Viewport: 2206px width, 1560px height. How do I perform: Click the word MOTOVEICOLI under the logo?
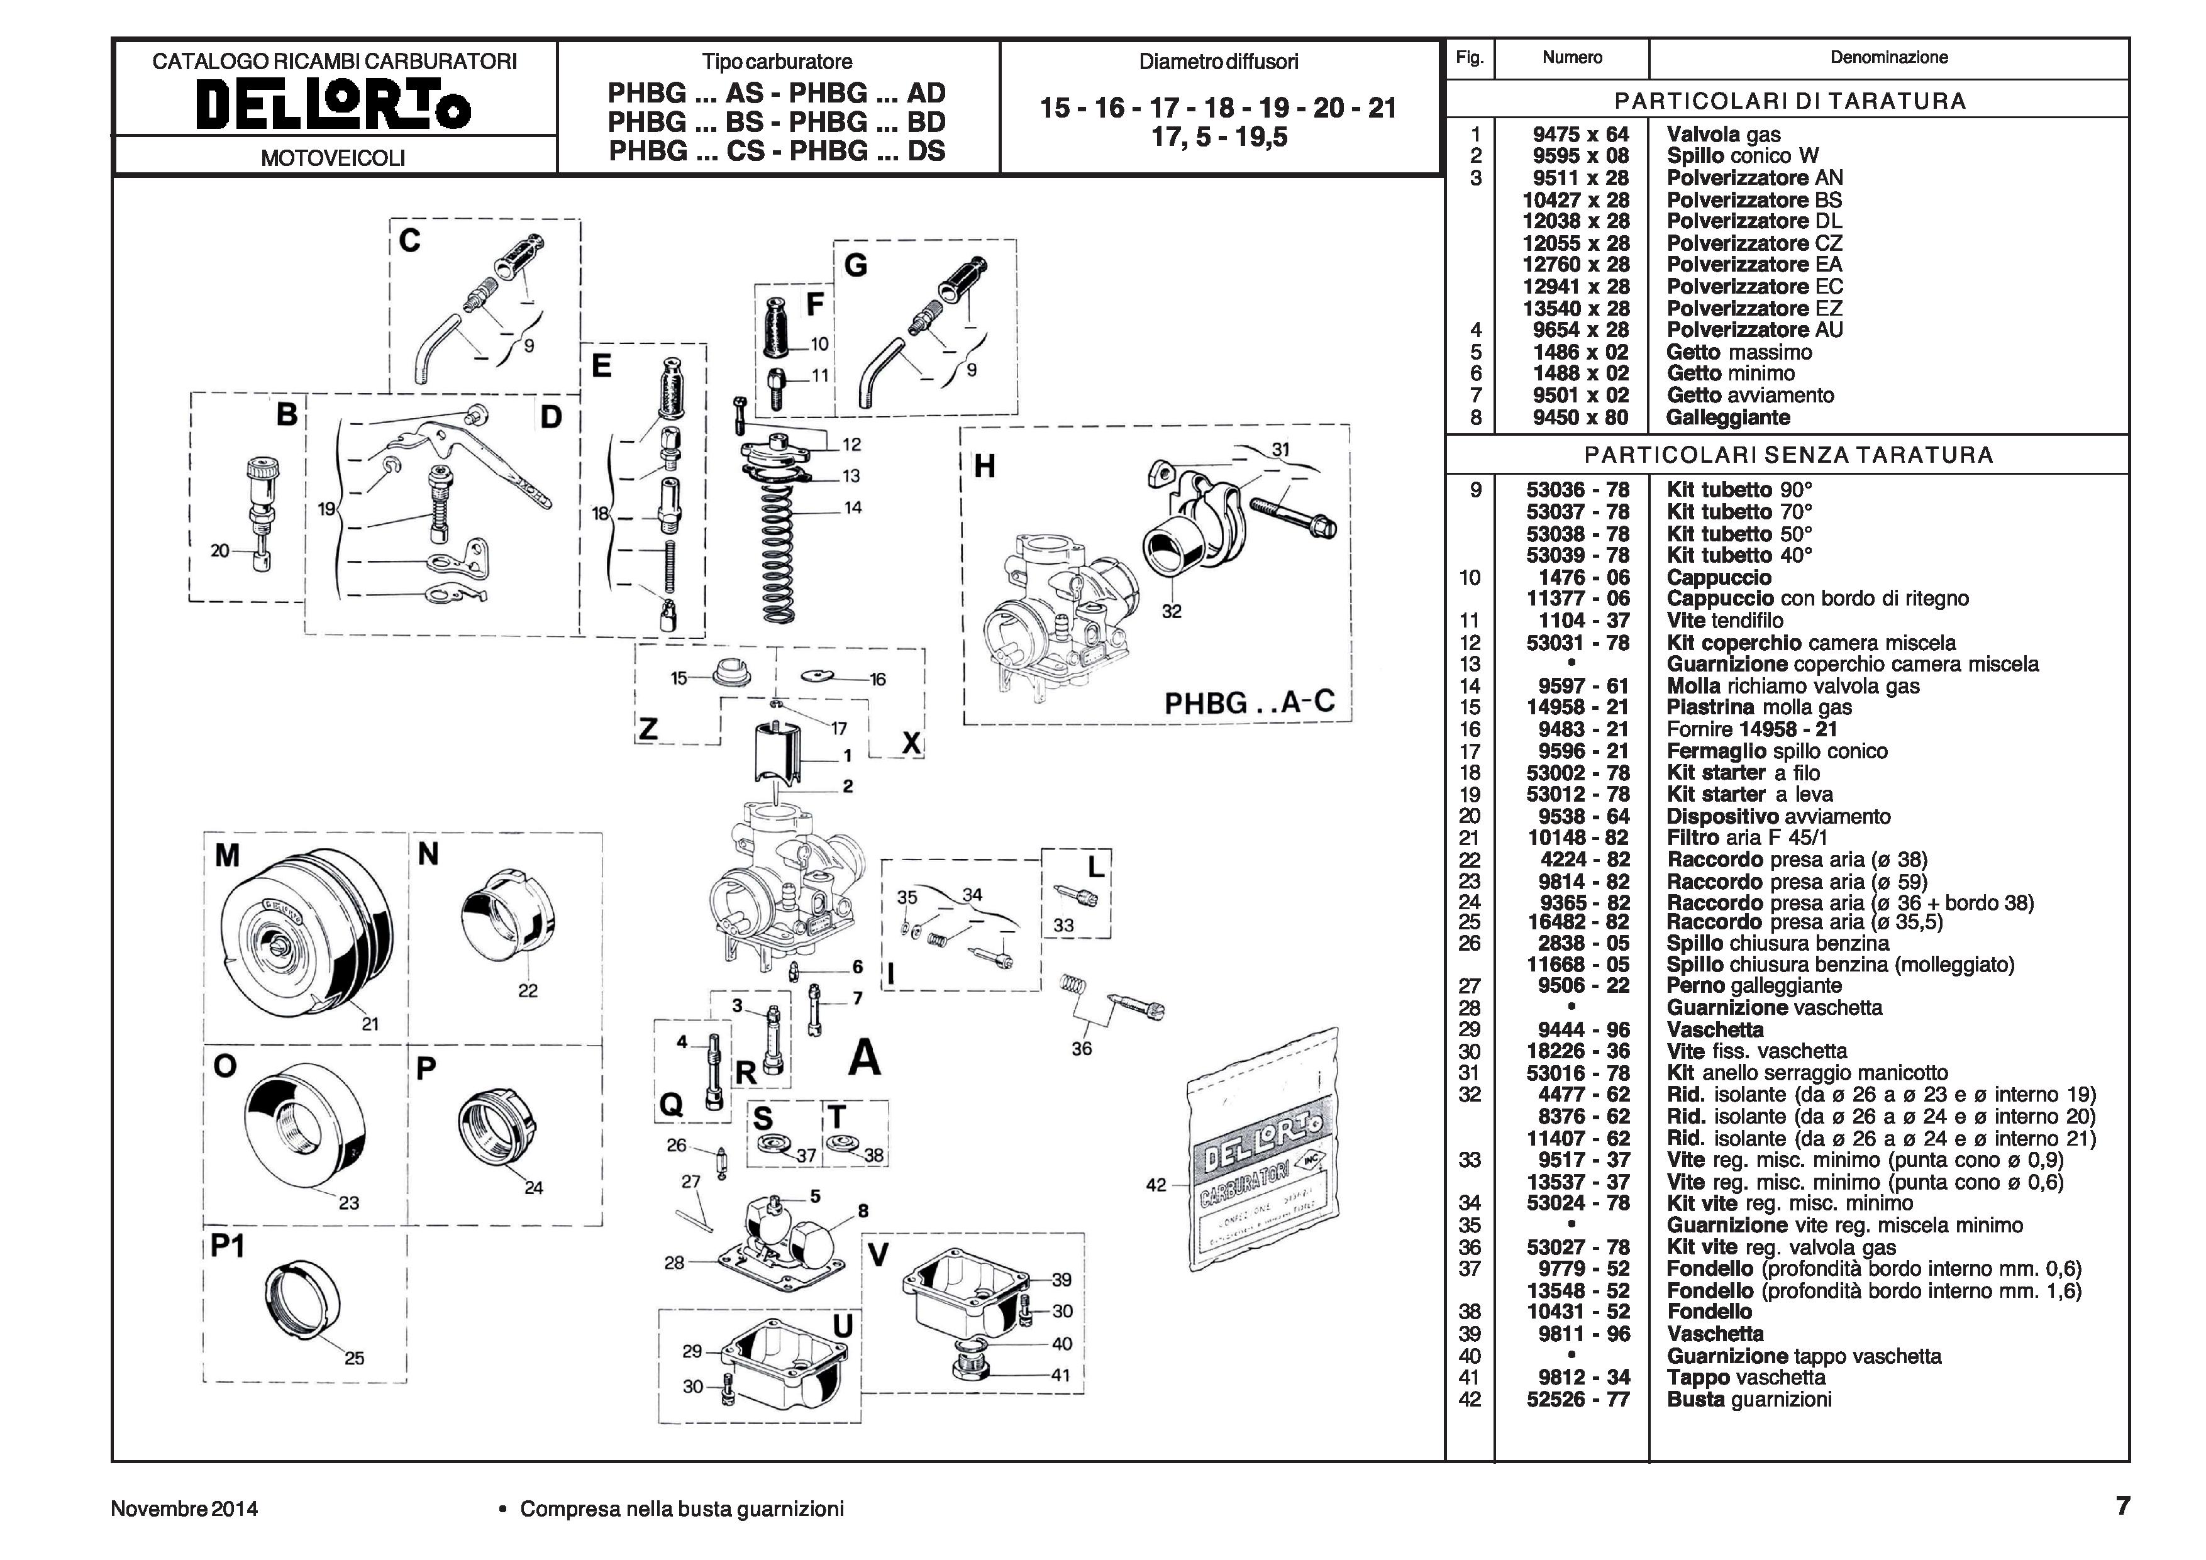(x=333, y=158)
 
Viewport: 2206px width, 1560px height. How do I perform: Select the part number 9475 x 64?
(x=1580, y=135)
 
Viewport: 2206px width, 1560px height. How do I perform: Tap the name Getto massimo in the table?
(x=1738, y=351)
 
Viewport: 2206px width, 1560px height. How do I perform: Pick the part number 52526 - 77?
(x=1578, y=1400)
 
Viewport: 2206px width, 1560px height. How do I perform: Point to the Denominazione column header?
(x=1888, y=58)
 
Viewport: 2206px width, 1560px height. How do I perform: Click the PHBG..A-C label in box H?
(x=1248, y=702)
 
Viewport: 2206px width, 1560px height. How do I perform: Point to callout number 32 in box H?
(x=1171, y=611)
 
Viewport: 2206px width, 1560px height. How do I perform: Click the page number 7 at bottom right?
(x=2122, y=1505)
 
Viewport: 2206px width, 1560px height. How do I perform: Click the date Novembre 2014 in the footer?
(x=184, y=1508)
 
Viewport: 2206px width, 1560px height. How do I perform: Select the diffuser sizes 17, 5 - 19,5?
(x=1218, y=137)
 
